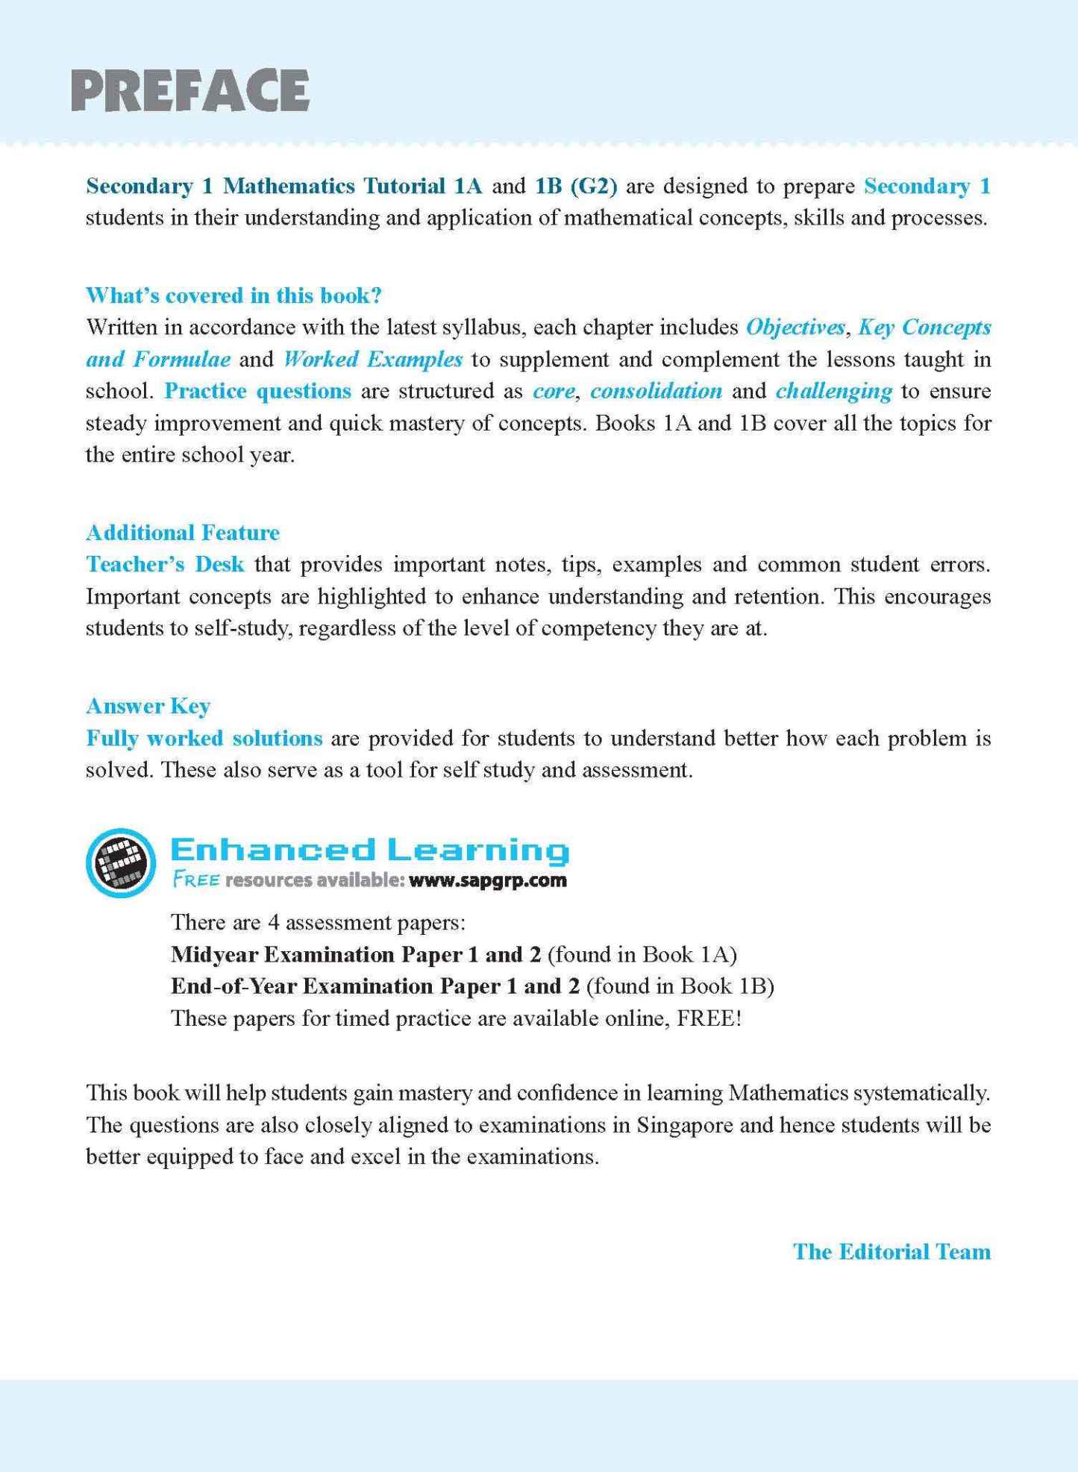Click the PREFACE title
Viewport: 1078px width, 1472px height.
(190, 90)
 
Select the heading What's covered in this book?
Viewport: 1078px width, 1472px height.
(234, 295)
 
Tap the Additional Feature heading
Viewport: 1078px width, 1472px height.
(183, 533)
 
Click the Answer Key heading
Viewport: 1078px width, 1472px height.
(148, 706)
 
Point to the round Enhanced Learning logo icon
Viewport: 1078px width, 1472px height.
(121, 862)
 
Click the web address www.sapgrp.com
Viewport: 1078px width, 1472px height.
(488, 880)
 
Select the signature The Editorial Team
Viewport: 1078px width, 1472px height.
(891, 1251)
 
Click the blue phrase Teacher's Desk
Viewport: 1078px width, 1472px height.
(165, 564)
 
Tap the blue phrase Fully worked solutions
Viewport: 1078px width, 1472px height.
(204, 738)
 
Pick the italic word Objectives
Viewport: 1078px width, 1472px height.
(795, 327)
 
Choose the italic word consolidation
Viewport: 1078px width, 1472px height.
(656, 391)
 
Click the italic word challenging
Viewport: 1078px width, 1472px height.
(834, 391)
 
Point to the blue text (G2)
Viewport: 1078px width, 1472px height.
(593, 186)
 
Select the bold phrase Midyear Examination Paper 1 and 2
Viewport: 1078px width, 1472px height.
(356, 954)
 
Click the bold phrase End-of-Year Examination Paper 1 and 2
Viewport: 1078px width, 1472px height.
(375, 986)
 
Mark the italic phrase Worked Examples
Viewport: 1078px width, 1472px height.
(373, 359)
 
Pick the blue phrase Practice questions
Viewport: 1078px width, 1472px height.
(257, 391)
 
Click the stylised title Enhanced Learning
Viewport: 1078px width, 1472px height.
(370, 850)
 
